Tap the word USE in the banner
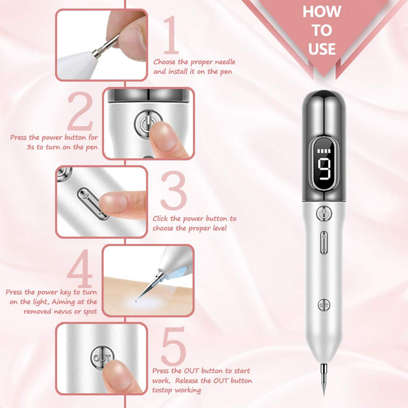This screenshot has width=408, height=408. tap(322, 49)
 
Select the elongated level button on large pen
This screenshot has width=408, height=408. tap(323, 241)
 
